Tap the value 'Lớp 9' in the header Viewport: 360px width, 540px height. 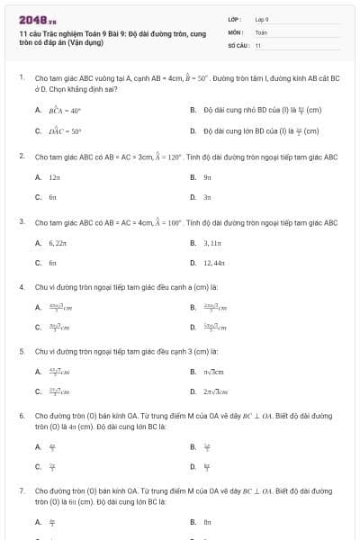pyautogui.click(x=262, y=19)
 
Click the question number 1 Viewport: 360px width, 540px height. pyautogui.click(x=21, y=78)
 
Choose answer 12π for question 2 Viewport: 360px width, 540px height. pyautogui.click(x=54, y=178)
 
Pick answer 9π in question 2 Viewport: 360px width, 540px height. pyautogui.click(x=207, y=178)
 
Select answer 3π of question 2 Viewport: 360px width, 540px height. pyautogui.click(x=207, y=196)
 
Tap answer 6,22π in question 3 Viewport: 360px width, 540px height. pyautogui.click(x=58, y=243)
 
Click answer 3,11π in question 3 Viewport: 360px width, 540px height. pyautogui.click(x=211, y=243)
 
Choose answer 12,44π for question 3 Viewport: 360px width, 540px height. pyautogui.click(x=213, y=262)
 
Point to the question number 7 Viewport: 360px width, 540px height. pyautogui.click(x=21, y=491)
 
